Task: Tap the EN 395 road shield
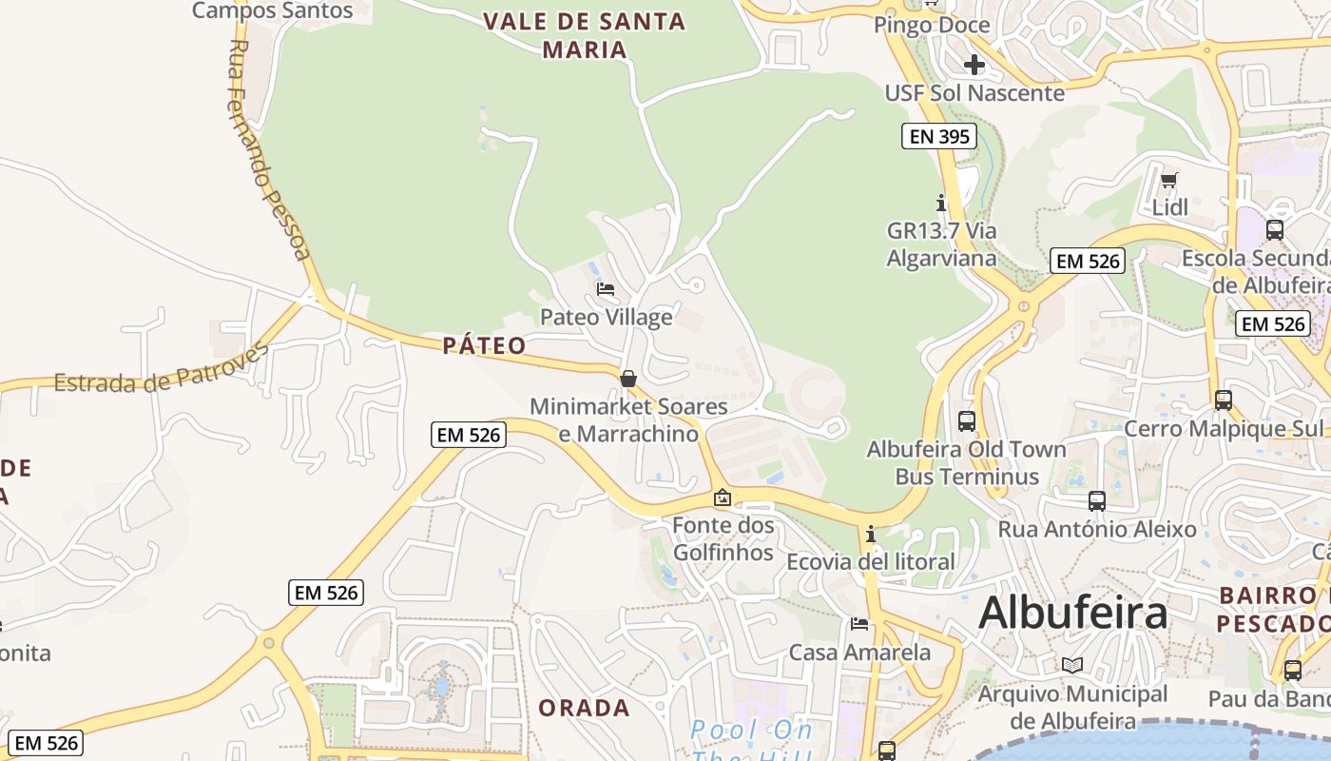939,137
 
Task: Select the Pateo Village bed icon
605,289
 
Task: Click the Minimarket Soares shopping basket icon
628,379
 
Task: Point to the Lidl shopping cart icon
1169,180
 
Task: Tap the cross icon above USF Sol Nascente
974,65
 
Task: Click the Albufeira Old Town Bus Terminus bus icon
967,420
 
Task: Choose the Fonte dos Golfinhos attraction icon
723,498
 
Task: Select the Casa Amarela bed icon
859,624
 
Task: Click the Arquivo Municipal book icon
1072,665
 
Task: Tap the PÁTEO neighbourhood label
484,345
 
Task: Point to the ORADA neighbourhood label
584,708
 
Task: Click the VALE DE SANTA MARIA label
584,35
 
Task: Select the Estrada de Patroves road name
161,369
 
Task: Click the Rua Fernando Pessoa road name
270,149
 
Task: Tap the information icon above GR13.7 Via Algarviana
941,203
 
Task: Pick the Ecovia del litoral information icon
870,534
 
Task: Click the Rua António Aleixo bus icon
1096,501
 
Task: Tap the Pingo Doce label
932,25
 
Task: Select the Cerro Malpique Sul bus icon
1223,400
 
